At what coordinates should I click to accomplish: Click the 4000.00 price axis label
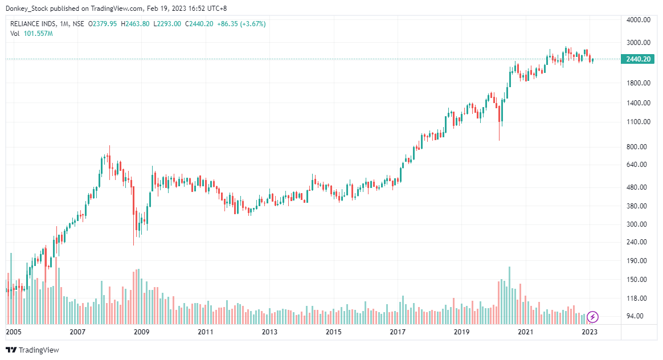pos(638,20)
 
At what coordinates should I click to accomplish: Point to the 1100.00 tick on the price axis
pos(638,122)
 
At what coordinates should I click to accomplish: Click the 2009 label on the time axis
pos(141,332)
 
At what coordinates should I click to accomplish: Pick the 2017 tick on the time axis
pos(398,332)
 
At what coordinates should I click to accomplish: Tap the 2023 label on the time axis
pos(590,332)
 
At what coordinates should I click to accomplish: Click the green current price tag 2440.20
pos(638,59)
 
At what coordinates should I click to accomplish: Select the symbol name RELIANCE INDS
pos(34,24)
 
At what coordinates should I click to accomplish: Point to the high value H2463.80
pos(134,24)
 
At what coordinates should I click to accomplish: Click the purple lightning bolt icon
pos(592,317)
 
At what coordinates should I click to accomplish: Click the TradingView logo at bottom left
pos(32,350)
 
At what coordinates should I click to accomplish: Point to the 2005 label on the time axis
pos(13,332)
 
